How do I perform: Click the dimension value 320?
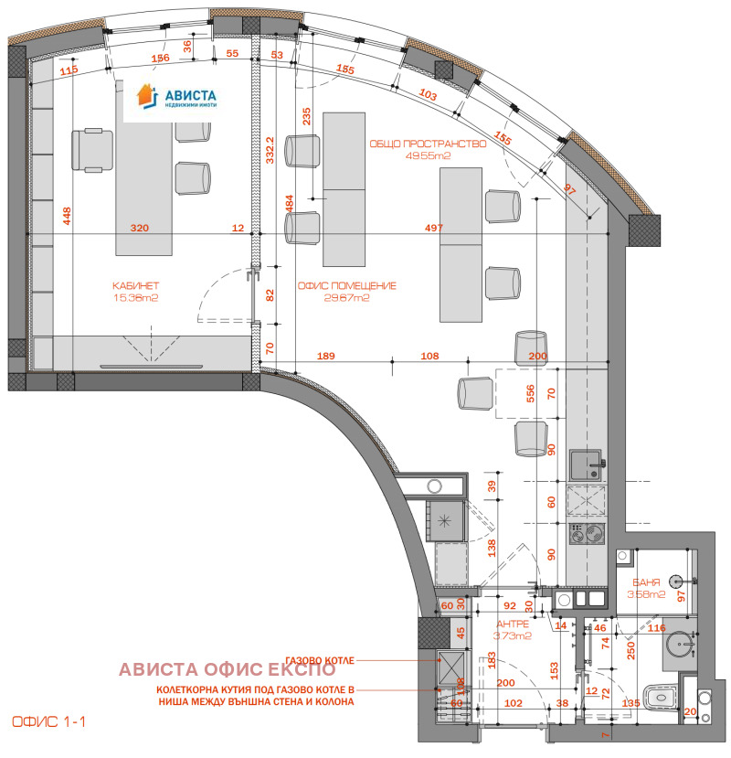point(139,229)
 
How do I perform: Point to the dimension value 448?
point(66,217)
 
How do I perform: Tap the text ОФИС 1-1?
point(49,721)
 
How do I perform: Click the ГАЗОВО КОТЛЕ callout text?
point(316,659)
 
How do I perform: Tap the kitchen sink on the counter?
point(584,464)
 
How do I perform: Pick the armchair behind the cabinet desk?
point(92,149)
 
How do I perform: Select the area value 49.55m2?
point(429,155)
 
